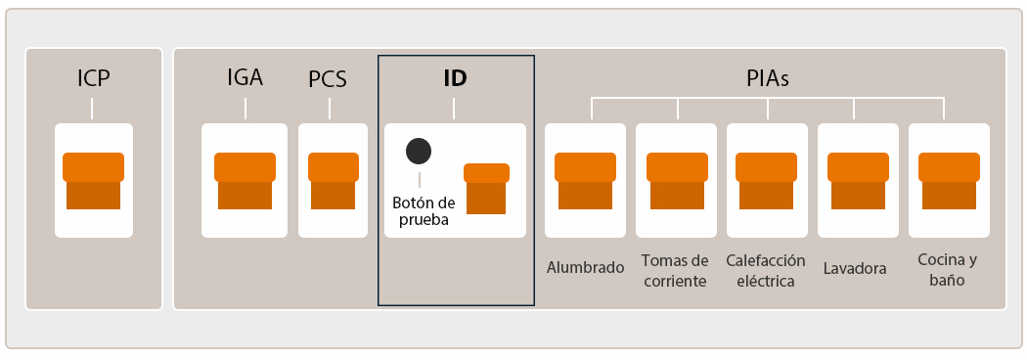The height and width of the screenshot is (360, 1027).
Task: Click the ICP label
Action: click(94, 78)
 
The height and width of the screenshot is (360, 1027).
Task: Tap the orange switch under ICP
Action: click(93, 181)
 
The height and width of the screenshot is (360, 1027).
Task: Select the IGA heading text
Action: click(245, 78)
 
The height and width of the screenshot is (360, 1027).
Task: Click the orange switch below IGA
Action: click(245, 181)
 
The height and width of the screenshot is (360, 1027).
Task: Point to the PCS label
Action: click(328, 79)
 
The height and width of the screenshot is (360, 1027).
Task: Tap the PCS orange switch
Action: click(334, 181)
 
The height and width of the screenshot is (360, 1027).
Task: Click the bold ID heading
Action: click(455, 79)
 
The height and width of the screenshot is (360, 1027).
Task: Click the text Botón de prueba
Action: click(424, 211)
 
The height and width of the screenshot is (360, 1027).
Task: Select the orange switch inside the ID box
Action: click(486, 188)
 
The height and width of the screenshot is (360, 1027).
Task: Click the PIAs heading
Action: click(767, 79)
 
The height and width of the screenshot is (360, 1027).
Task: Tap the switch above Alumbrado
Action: click(585, 181)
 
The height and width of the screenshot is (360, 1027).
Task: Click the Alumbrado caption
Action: click(585, 267)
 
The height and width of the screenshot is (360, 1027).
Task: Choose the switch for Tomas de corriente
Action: click(676, 181)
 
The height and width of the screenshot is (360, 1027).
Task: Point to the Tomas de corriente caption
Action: click(675, 270)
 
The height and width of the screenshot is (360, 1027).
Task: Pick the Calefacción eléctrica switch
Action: click(767, 181)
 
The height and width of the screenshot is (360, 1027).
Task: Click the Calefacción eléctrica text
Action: click(766, 270)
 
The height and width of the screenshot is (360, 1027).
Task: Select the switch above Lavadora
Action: click(858, 181)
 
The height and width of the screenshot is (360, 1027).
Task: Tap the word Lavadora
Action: click(855, 268)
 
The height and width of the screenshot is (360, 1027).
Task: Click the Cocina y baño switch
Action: click(949, 181)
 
